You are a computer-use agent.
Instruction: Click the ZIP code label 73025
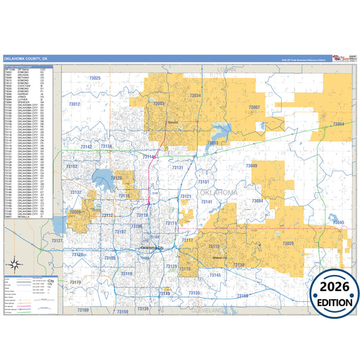92,78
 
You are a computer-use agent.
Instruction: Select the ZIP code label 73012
74,104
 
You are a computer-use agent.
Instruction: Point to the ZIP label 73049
251,165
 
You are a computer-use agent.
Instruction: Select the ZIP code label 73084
257,201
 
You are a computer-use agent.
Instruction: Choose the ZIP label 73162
72,166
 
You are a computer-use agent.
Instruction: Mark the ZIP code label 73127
57,241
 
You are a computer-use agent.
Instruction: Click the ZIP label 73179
74,282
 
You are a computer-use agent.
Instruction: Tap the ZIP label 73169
82,309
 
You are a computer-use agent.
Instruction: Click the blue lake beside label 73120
103,180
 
